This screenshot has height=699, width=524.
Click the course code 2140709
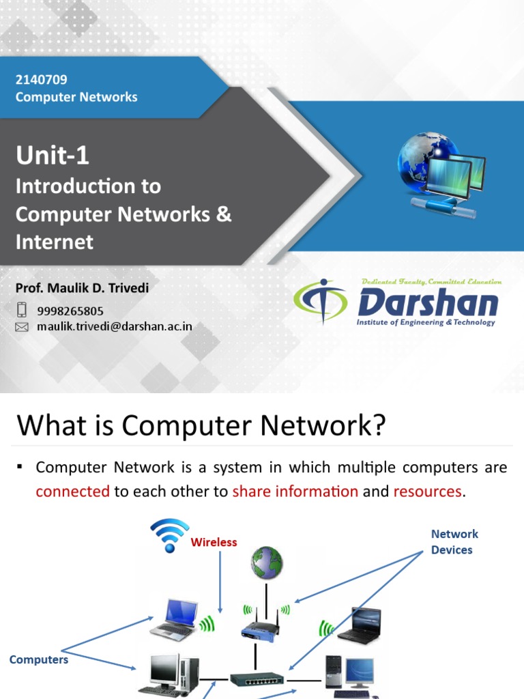pyautogui.click(x=42, y=80)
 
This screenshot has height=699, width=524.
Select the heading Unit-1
pyautogui.click(x=53, y=156)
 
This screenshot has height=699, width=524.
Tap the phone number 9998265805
pyautogui.click(x=70, y=311)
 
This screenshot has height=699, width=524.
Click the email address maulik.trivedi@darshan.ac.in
pyautogui.click(x=115, y=326)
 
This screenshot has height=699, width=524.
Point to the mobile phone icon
pyautogui.click(x=22, y=310)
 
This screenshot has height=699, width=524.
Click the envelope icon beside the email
pyautogui.click(x=22, y=327)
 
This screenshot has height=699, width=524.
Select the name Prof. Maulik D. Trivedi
pyautogui.click(x=82, y=288)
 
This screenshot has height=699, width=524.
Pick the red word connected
pyautogui.click(x=72, y=491)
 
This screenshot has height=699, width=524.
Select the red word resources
pyautogui.click(x=427, y=491)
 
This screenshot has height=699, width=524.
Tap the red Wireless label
pyautogui.click(x=214, y=542)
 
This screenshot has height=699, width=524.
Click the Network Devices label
pyautogui.click(x=454, y=541)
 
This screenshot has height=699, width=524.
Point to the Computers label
pyautogui.click(x=39, y=659)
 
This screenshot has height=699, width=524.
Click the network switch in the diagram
pyautogui.click(x=257, y=679)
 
